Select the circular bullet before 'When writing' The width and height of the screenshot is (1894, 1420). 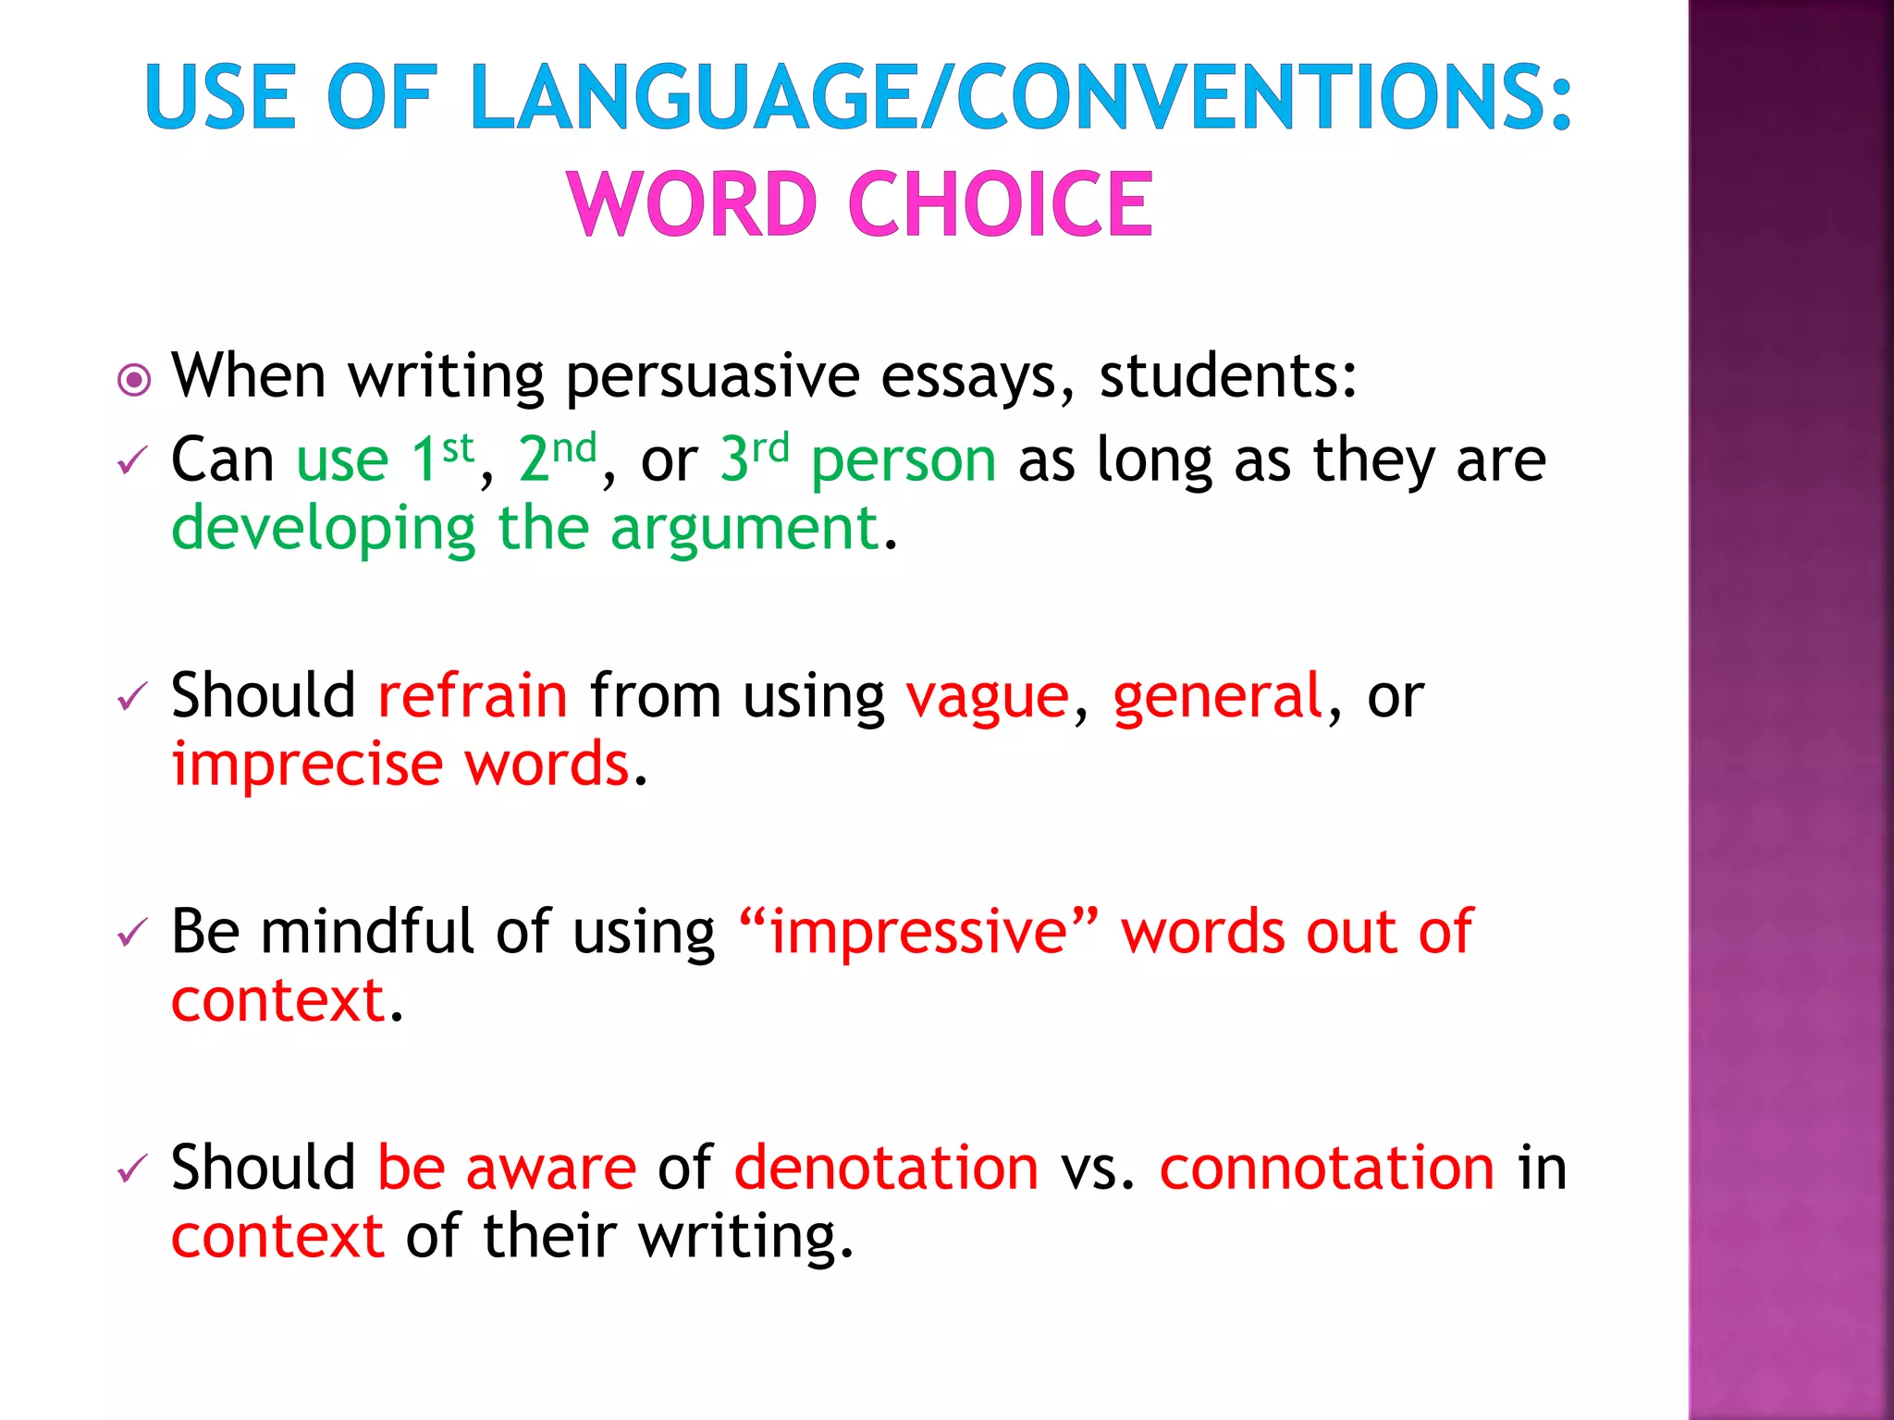(135, 380)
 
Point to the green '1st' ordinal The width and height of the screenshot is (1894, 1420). (442, 458)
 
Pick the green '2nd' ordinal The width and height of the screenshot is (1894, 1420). (557, 458)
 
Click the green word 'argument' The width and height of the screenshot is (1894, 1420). (744, 530)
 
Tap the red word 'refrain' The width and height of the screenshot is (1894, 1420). (473, 695)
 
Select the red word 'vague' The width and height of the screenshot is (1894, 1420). (987, 697)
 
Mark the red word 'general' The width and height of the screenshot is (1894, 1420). (1218, 695)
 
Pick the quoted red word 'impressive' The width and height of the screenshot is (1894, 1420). (919, 931)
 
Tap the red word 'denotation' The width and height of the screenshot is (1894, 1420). (886, 1167)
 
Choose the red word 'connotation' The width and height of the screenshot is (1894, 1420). (1327, 1167)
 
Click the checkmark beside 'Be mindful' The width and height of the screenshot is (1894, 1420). (132, 933)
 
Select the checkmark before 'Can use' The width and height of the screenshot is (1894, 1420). (132, 460)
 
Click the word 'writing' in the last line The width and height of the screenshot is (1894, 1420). (744, 1237)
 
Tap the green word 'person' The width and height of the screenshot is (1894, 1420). (904, 459)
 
